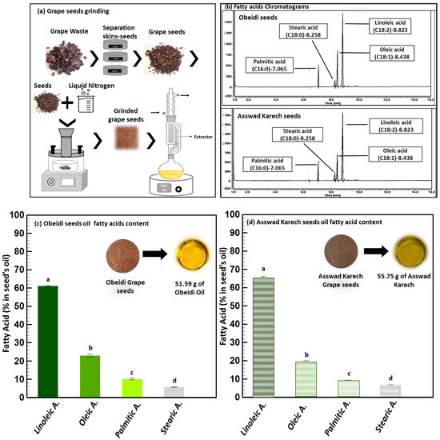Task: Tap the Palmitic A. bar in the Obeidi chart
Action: pyautogui.click(x=131, y=387)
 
